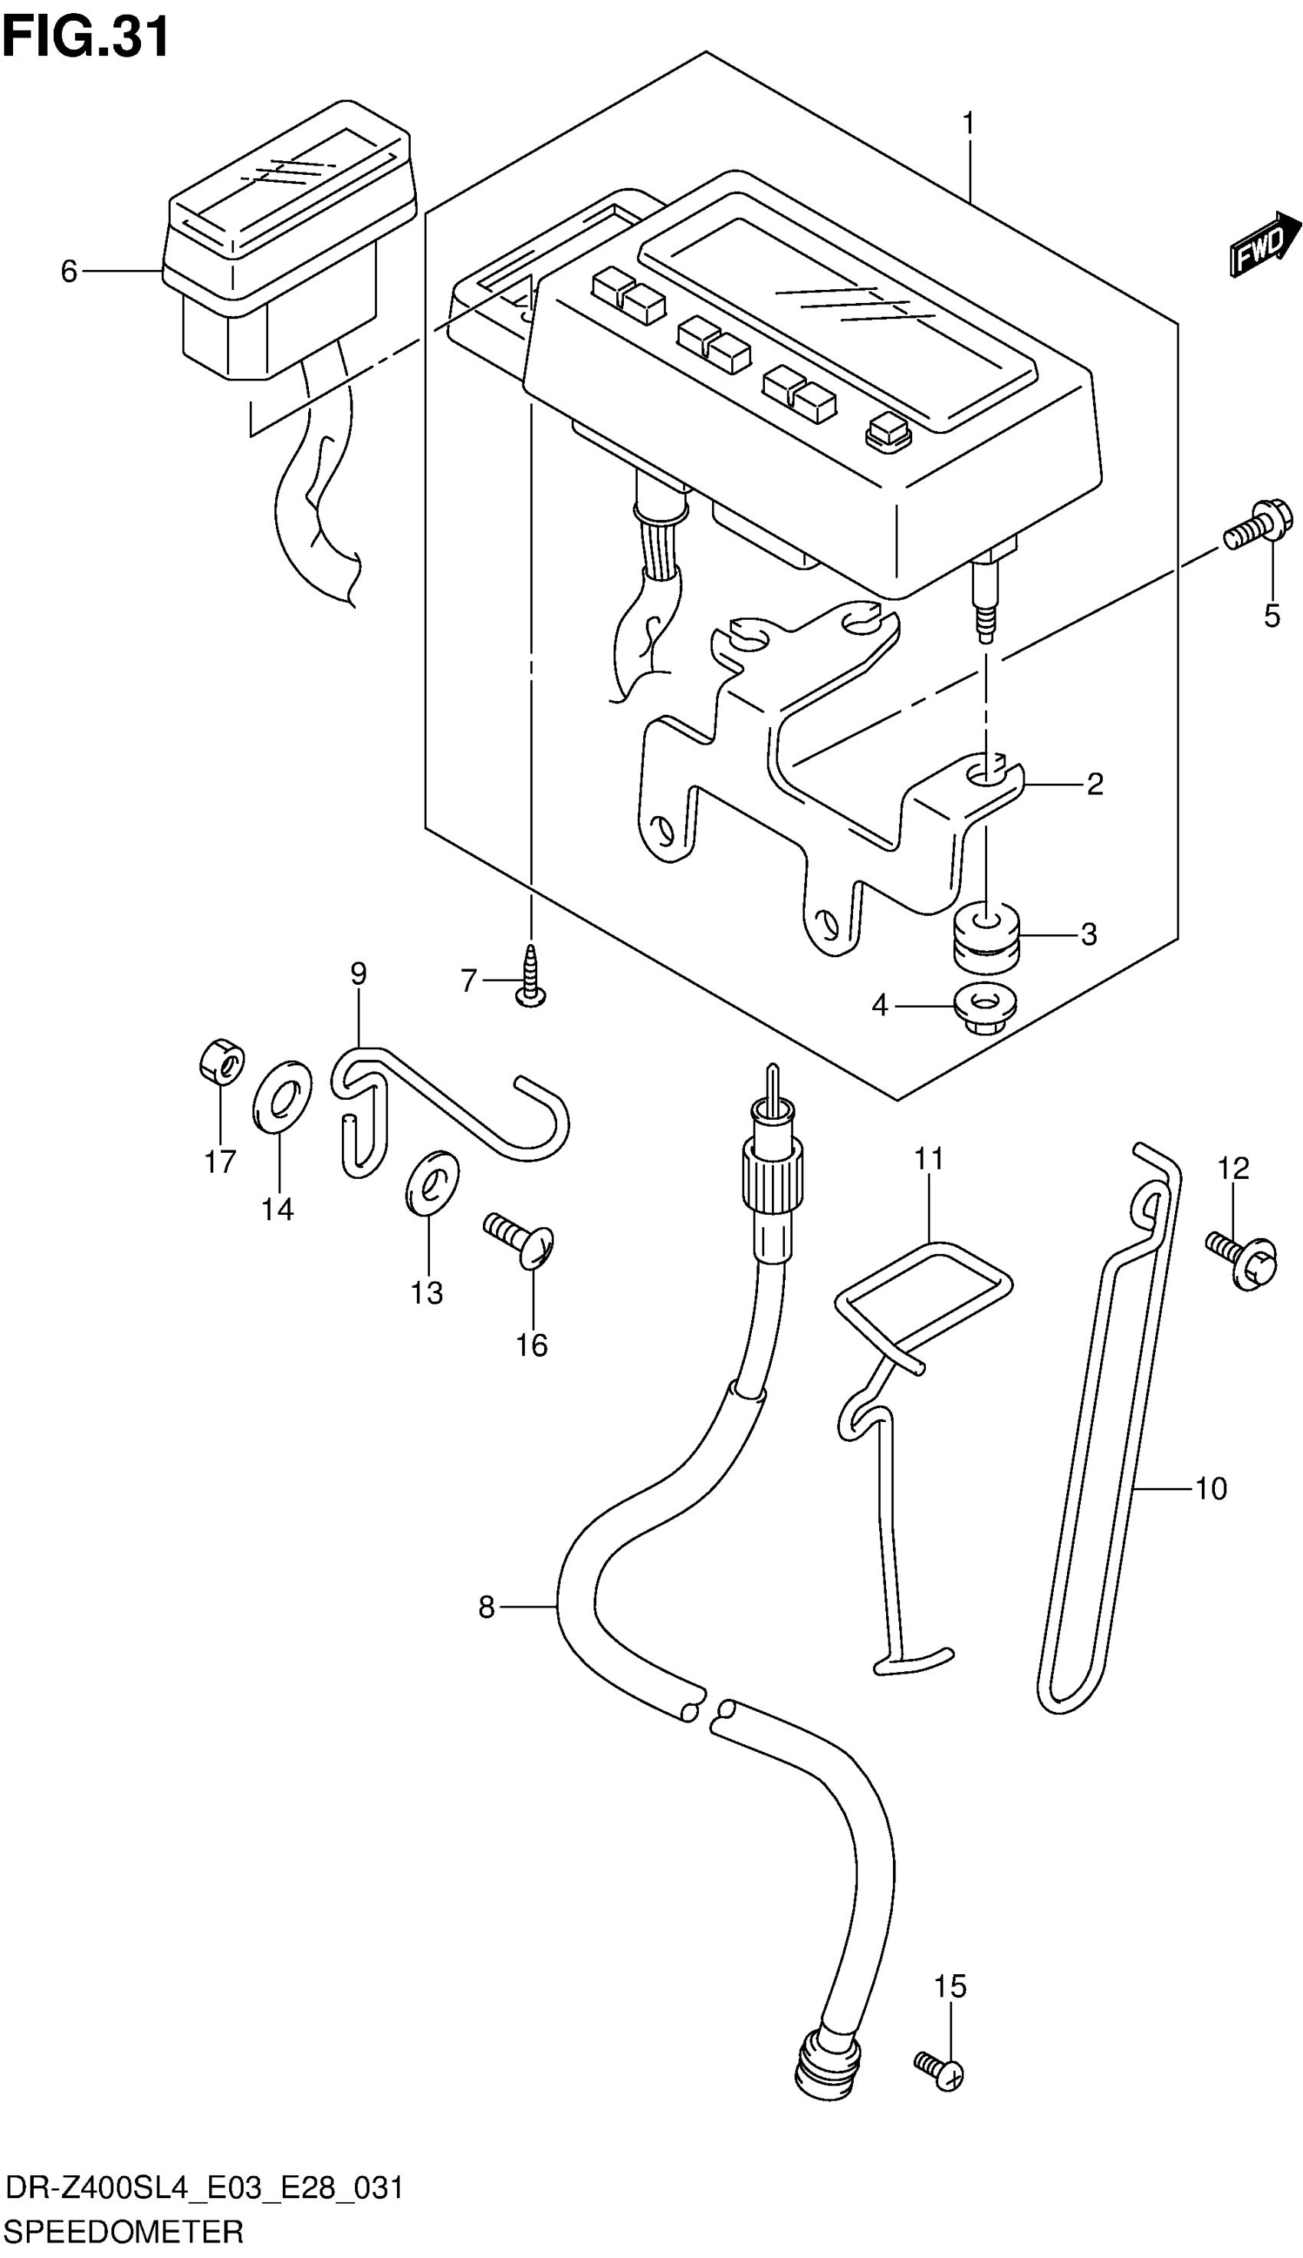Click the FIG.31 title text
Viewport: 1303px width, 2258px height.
(x=86, y=38)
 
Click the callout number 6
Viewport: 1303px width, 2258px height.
(x=69, y=271)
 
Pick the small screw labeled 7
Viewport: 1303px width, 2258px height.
(x=533, y=978)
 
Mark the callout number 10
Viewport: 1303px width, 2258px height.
(x=1210, y=1489)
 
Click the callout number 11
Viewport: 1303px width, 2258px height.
(x=929, y=1159)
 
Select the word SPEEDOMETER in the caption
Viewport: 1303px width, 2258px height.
(x=124, y=2231)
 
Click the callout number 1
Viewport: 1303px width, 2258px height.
(x=968, y=123)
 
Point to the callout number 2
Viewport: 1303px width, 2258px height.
(x=1095, y=785)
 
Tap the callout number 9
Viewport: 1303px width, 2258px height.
(x=358, y=973)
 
